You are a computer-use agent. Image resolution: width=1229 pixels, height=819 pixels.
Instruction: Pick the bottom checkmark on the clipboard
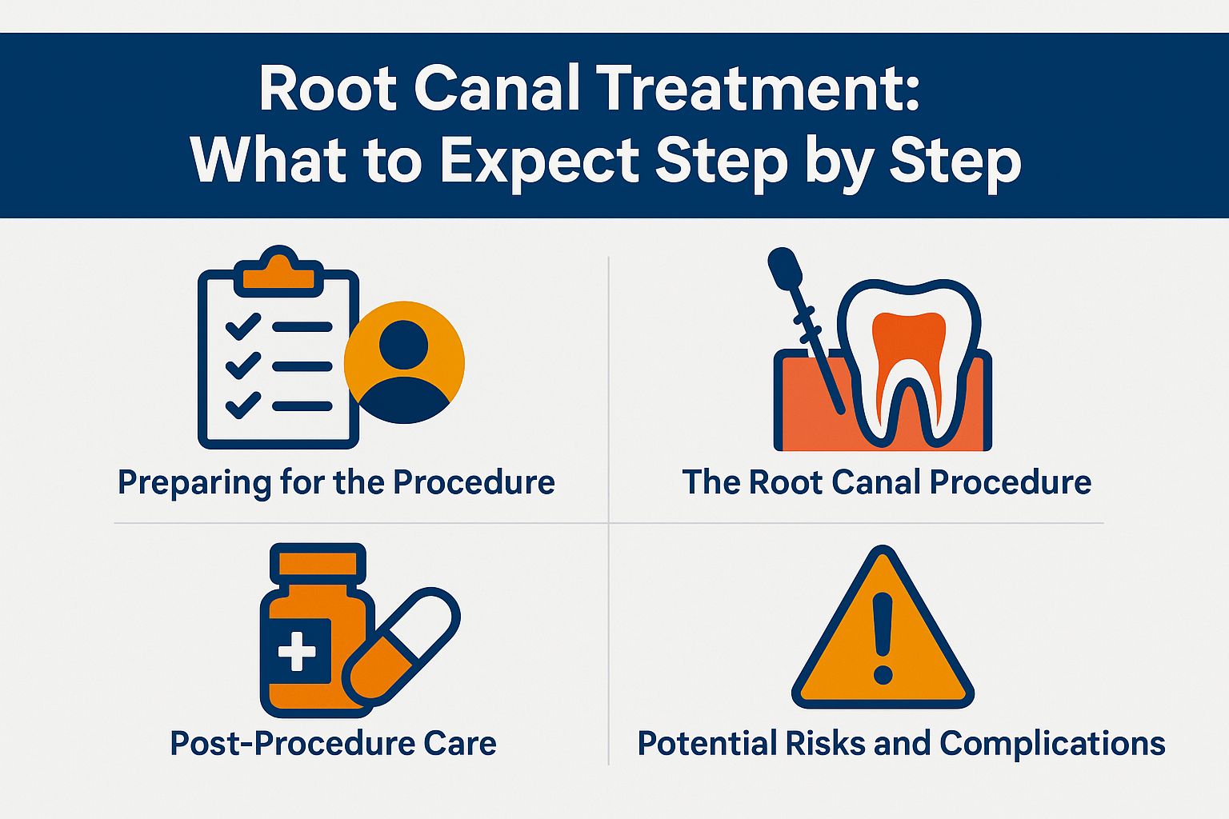point(243,406)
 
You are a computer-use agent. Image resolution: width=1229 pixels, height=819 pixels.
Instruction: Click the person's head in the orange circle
point(403,345)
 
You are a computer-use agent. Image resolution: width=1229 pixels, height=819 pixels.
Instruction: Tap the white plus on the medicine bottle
point(297,652)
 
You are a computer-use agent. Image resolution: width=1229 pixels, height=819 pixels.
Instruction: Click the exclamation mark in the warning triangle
point(883,638)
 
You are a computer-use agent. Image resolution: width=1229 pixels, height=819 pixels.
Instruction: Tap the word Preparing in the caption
point(194,483)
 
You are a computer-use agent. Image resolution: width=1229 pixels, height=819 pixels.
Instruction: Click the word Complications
point(1052,745)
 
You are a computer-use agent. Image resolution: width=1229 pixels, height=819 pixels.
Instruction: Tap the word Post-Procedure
point(292,743)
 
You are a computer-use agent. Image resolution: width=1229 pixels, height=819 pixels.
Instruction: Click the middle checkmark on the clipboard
point(243,366)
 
